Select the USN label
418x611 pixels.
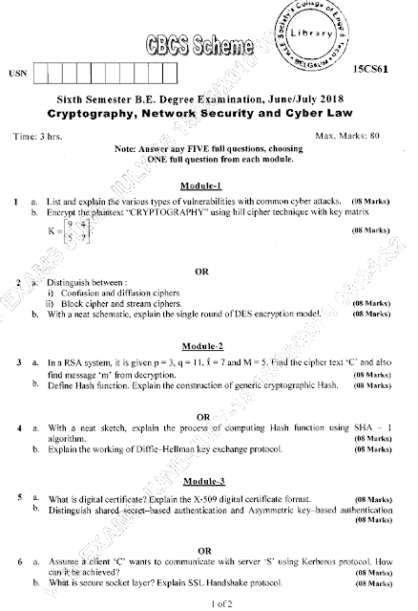point(15,73)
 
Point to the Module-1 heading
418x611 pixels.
point(199,184)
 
